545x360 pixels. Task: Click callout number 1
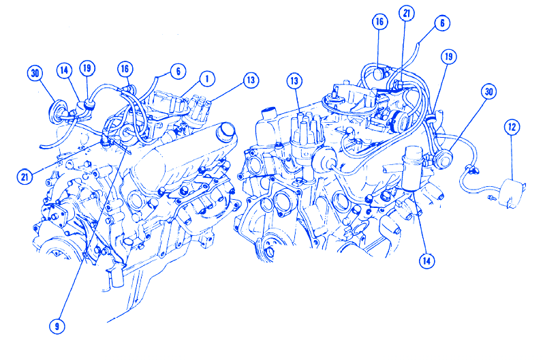[x=207, y=79]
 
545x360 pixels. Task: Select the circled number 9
[x=57, y=327]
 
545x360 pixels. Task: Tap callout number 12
[x=512, y=127]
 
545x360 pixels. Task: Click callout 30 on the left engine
[x=35, y=74]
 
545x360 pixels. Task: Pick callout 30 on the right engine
[x=488, y=92]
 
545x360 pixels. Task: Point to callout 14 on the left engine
[x=64, y=71]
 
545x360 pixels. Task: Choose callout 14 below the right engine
[x=426, y=260]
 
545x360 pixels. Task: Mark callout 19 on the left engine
[x=87, y=68]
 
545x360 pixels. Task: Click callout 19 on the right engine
[x=449, y=57]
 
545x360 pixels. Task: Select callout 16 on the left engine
[x=125, y=69]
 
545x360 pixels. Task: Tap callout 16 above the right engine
[x=379, y=22]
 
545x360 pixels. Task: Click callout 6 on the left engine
[x=178, y=72]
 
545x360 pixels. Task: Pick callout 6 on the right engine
[x=442, y=23]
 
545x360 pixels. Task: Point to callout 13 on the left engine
[x=251, y=80]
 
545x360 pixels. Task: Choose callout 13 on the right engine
[x=294, y=81]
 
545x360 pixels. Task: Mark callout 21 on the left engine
[x=25, y=177]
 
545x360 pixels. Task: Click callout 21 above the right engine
[x=407, y=14]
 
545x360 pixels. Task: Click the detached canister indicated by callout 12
[x=512, y=194]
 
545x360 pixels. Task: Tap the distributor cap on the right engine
[x=307, y=128]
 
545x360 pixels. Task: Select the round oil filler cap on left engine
[x=225, y=130]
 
